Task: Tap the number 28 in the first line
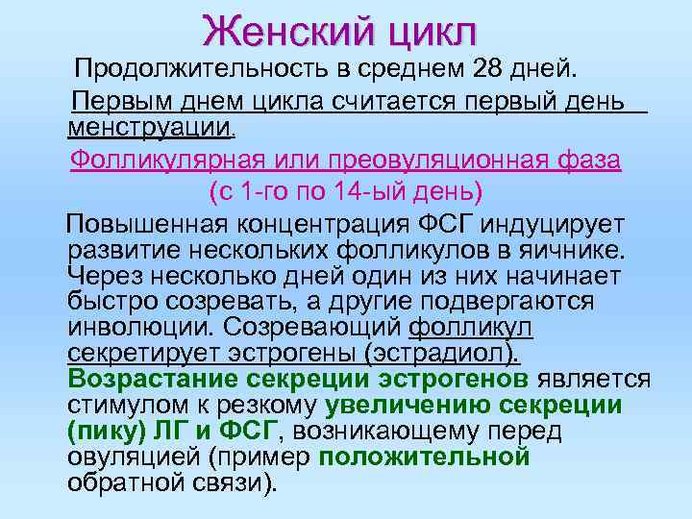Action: [x=490, y=69]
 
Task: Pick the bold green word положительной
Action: [x=425, y=456]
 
